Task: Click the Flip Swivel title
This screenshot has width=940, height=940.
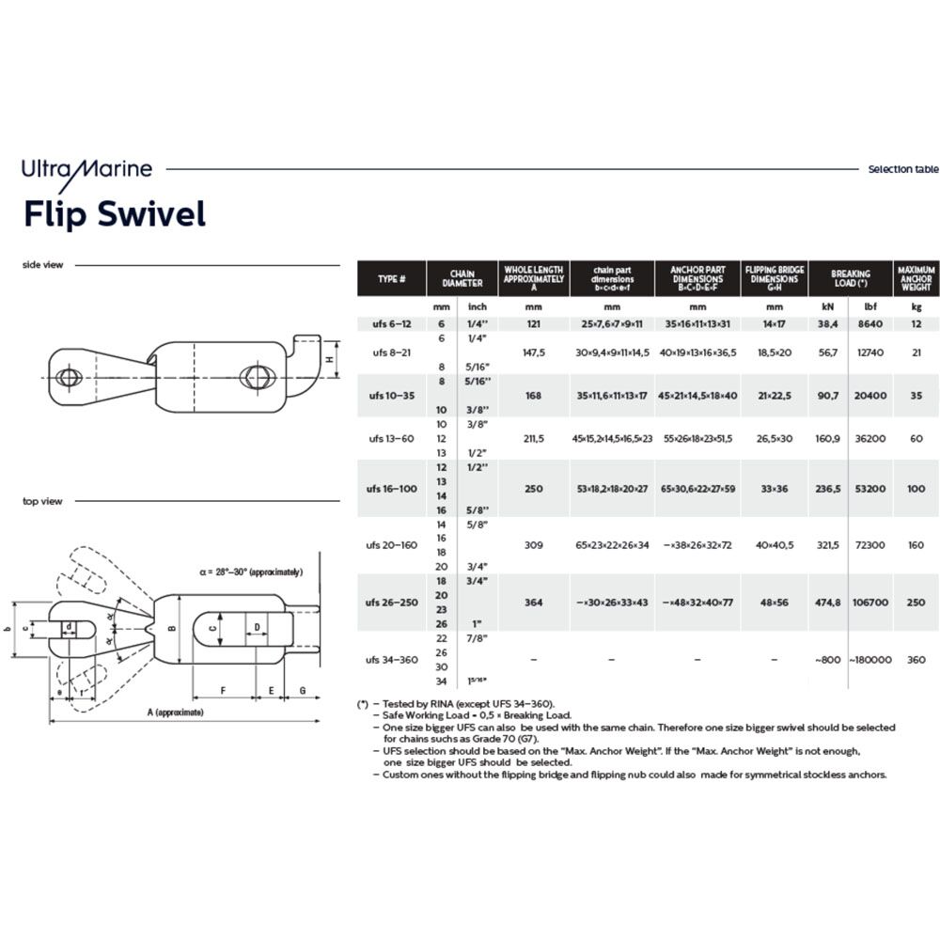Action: coord(114,214)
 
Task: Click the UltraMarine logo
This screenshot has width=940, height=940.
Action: coord(87,170)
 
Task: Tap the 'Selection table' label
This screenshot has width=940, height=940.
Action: coord(902,170)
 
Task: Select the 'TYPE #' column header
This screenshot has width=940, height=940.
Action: coord(391,279)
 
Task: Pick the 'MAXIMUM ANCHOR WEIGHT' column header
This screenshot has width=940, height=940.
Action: coord(916,279)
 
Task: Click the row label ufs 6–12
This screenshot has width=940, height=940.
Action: coord(391,323)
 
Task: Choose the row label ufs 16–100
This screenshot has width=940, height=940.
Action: coord(391,489)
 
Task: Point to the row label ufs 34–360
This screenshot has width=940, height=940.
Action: coord(391,660)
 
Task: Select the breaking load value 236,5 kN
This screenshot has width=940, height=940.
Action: coord(828,489)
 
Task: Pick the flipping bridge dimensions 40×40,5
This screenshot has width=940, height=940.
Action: coord(775,545)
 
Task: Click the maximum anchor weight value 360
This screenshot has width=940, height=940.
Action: coord(916,660)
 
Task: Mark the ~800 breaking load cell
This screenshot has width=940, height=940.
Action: coord(828,660)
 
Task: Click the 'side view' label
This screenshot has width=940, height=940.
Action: coord(43,265)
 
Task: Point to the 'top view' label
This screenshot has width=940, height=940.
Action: coord(42,501)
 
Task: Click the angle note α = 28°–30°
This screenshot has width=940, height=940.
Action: coord(251,572)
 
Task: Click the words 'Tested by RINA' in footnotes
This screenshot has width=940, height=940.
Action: coord(420,703)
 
